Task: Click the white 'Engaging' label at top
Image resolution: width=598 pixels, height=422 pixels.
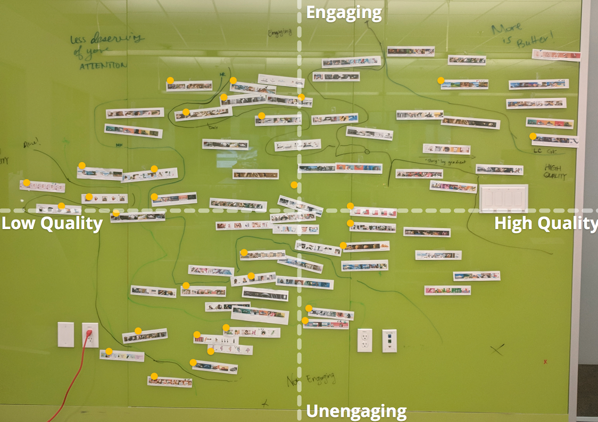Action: coord(344,12)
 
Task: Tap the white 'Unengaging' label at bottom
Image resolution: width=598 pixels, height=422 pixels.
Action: coord(356,411)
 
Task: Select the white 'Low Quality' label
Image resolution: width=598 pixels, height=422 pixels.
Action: coord(52,223)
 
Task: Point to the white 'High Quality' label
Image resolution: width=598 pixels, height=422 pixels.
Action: coord(545,223)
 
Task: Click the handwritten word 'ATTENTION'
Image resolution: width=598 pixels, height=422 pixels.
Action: coord(103,65)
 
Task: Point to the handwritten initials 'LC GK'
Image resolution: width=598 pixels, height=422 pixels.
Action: coord(544,151)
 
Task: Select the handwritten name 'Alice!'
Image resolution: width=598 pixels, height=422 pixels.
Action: coord(32,144)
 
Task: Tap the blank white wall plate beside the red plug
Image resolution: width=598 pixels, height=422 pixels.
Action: coord(66,334)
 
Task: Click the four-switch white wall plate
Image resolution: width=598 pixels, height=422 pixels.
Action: coord(504,198)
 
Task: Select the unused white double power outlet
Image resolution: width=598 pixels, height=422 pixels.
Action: coord(364,340)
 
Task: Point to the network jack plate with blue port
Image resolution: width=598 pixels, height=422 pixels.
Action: coord(389,340)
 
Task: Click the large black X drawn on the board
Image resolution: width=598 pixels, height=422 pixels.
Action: coord(497,349)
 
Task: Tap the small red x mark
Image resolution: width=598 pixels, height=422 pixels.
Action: coord(545,361)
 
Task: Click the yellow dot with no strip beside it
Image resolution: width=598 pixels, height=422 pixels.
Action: coord(294,184)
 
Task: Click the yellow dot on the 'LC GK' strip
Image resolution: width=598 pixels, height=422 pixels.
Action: coord(533,136)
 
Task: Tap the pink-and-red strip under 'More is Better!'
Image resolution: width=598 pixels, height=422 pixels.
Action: coord(556,55)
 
